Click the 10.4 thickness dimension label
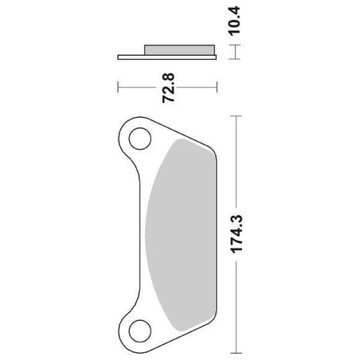pos(234,21)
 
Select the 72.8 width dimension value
pos(168,88)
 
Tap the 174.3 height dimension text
pos(237,234)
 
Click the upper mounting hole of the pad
pos(140,139)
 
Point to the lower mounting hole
pos(140,331)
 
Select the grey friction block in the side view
pos(179,50)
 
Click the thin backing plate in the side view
pos(167,57)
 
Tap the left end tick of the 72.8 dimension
pos(118,87)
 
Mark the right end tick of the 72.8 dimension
pos(217,87)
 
